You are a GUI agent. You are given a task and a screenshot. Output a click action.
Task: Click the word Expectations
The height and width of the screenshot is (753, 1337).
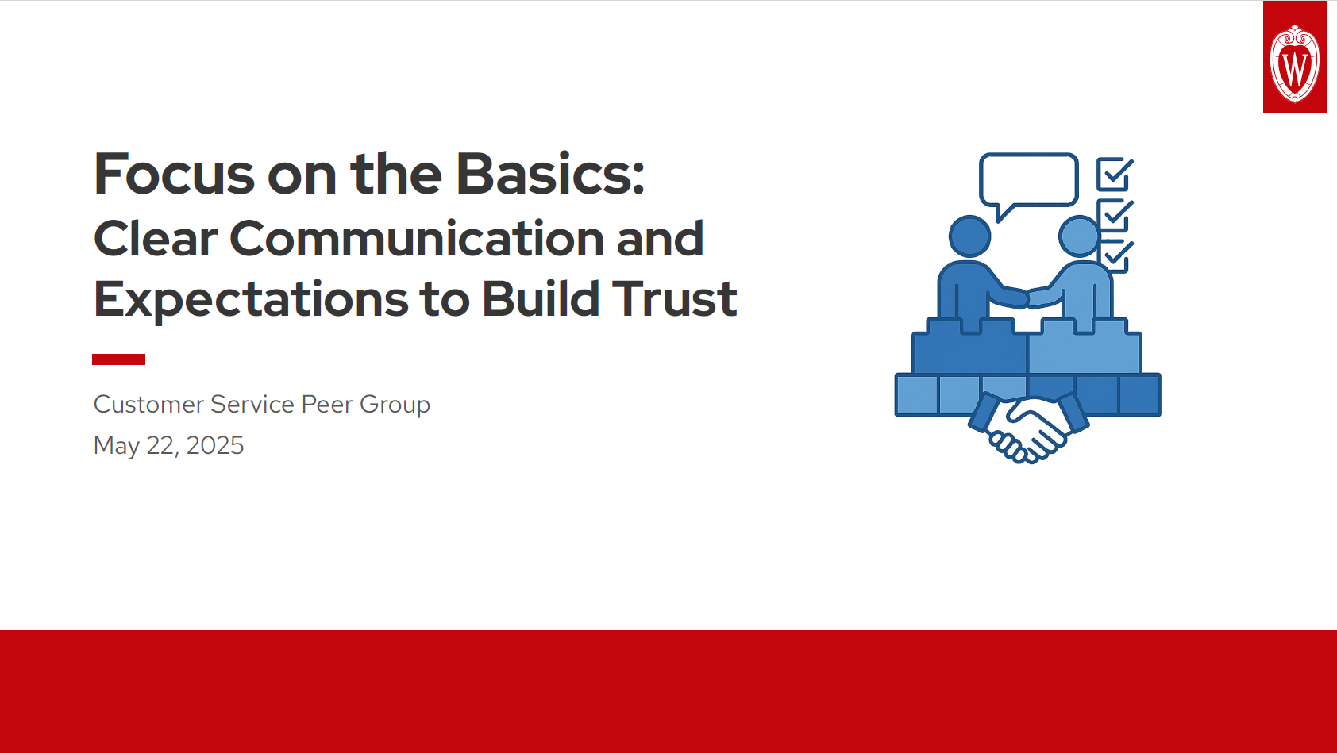250,299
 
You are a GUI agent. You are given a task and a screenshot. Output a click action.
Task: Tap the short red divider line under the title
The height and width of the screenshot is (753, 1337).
118,359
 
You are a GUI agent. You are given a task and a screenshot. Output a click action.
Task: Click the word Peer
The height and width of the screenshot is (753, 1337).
327,405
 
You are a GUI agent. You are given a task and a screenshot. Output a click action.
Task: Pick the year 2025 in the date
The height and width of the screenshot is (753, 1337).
214,446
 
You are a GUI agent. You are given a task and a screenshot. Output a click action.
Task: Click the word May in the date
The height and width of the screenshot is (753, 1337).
116,447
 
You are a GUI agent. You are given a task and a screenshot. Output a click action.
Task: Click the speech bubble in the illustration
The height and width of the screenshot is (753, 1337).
1028,180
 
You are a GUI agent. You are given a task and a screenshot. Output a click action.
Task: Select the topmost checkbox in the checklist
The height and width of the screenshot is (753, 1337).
1113,174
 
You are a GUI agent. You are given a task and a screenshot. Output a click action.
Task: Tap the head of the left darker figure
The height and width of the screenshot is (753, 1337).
969,236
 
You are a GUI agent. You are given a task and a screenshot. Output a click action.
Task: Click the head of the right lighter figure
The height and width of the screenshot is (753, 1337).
1079,236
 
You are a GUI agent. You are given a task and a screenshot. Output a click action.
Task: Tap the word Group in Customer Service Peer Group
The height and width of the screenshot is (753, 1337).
395,405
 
